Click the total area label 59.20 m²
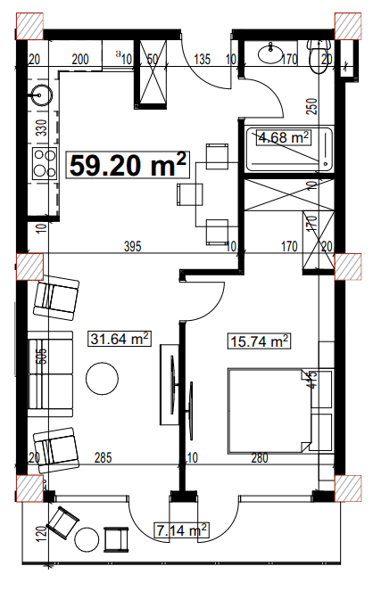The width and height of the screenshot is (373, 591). (128, 164)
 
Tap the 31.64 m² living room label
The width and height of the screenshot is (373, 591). (120, 338)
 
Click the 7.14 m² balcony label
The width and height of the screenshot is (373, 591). (181, 530)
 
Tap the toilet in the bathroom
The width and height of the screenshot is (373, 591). (314, 58)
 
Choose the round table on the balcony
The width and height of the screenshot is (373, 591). (87, 538)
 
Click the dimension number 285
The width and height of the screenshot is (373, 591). (104, 458)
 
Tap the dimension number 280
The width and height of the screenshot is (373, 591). (259, 458)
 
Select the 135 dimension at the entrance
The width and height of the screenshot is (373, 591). (201, 61)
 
